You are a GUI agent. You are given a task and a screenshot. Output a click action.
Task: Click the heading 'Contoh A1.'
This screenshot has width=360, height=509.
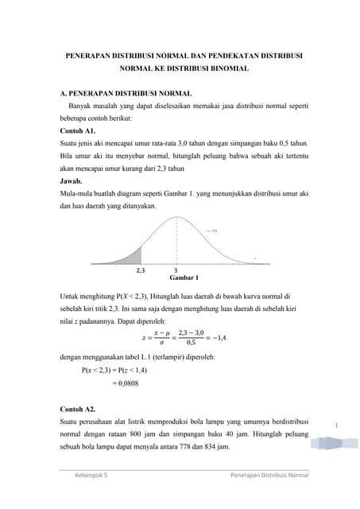click(x=78, y=130)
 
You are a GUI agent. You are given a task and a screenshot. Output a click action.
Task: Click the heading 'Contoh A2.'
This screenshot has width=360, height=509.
click(x=78, y=405)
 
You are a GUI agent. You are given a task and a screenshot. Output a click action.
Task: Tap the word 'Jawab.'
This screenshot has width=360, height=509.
click(x=72, y=181)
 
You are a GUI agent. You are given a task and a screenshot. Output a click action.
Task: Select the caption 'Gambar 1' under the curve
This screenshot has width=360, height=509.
click(x=184, y=278)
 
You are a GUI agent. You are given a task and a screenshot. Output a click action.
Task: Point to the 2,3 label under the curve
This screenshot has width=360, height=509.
click(x=141, y=270)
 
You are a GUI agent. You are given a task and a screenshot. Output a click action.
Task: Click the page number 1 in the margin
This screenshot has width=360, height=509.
click(x=336, y=426)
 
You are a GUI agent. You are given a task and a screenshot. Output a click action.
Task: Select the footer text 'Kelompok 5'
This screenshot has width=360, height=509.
click(x=91, y=476)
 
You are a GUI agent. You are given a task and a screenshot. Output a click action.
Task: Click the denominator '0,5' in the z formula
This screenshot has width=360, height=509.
click(x=191, y=344)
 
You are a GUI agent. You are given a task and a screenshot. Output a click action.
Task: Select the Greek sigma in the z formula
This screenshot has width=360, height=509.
click(x=161, y=344)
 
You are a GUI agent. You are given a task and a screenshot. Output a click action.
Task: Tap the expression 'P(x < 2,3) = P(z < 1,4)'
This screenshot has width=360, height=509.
click(x=122, y=370)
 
